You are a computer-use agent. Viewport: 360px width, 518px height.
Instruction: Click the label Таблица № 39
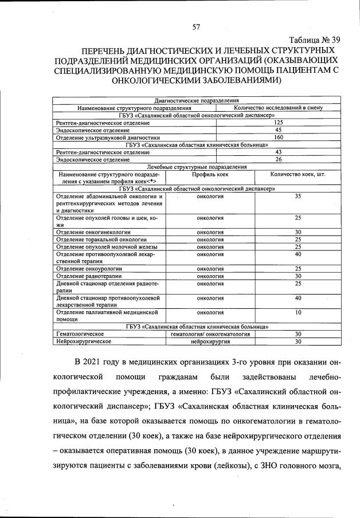pos(315,40)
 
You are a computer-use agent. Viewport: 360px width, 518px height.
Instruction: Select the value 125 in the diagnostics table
pos(279,123)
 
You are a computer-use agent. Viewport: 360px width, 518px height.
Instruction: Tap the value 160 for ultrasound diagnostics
pos(279,138)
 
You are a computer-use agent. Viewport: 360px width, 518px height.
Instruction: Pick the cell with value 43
pos(279,152)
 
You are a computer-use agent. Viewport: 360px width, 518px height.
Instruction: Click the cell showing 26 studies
pos(279,159)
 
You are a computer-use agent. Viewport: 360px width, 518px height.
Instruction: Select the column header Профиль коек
pos(210,174)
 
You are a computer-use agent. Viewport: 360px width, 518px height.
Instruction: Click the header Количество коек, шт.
pos(298,174)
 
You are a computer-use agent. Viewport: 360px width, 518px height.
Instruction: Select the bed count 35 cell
pos(298,197)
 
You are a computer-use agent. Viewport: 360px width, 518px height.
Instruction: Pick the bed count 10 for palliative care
pos(298,312)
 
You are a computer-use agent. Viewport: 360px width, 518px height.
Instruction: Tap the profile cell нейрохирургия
pos(210,341)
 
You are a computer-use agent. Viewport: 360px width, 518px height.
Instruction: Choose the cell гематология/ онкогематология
pos(210,333)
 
